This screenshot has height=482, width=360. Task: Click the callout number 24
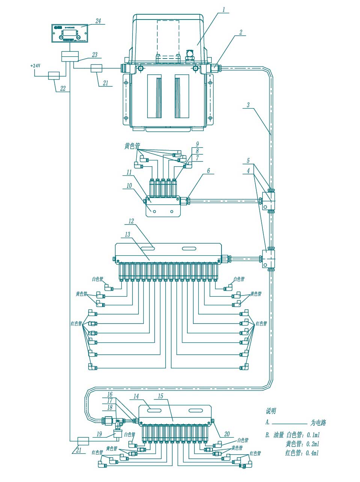[x=98, y=21]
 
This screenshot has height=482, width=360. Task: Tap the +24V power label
[x=35, y=66]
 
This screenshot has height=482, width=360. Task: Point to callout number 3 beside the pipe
[x=248, y=105]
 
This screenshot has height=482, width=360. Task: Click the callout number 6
[x=209, y=171]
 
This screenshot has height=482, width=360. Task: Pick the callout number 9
[x=197, y=144]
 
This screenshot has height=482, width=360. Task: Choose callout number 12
[x=131, y=221]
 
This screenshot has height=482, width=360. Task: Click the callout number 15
[x=161, y=396]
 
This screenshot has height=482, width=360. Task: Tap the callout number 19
[x=99, y=434]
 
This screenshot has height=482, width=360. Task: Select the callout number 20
[x=227, y=434]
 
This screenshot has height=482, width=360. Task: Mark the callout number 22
[x=63, y=89]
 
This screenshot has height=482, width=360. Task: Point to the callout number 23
[x=95, y=55]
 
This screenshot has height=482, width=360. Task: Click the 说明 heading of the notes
[x=271, y=411]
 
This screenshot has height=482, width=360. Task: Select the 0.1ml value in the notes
[x=312, y=435]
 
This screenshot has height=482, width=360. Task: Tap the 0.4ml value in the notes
[x=312, y=453]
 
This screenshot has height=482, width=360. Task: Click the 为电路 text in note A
[x=318, y=423]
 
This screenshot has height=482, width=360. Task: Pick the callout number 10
[x=129, y=185]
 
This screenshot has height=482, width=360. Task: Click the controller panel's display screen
[x=70, y=33]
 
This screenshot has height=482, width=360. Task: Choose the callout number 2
[x=241, y=32]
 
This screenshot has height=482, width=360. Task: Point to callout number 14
[x=136, y=396]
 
